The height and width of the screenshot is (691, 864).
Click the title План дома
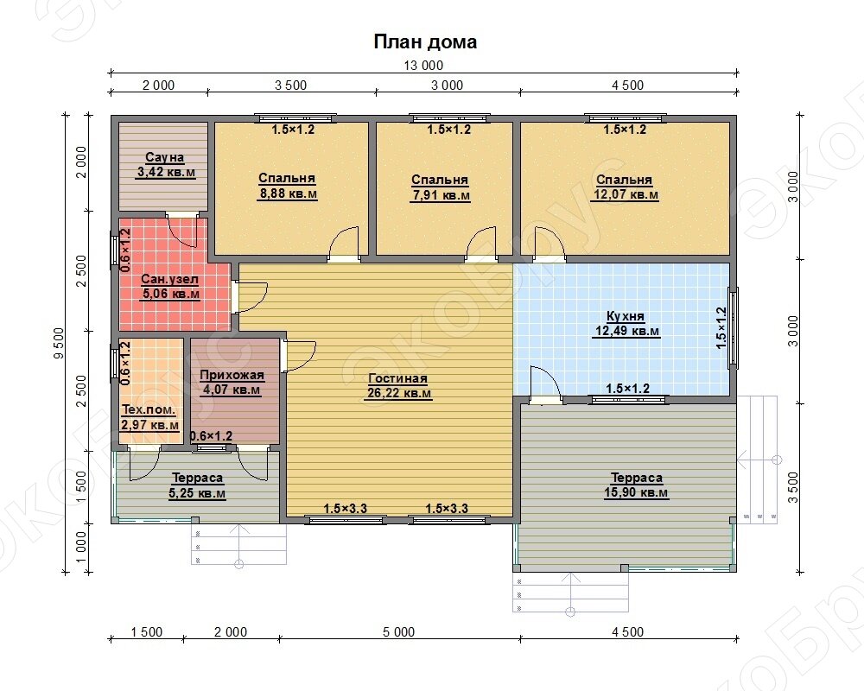pyautogui.click(x=425, y=41)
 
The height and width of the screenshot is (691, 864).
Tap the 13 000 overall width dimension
pyautogui.click(x=423, y=66)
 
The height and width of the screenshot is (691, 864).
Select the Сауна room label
pyautogui.click(x=165, y=157)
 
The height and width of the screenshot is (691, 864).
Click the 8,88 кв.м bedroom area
pyautogui.click(x=287, y=194)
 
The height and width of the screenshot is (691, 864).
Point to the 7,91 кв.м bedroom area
pyautogui.click(x=441, y=195)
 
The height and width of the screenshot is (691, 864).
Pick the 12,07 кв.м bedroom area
pyautogui.click(x=626, y=195)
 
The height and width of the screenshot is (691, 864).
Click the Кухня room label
pyautogui.click(x=626, y=316)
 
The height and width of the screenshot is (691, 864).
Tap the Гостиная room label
pyautogui.click(x=397, y=378)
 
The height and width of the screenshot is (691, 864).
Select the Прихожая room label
pyautogui.click(x=232, y=375)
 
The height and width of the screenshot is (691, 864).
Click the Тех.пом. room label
pyautogui.click(x=149, y=410)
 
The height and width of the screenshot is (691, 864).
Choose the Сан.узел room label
pyautogui.click(x=169, y=279)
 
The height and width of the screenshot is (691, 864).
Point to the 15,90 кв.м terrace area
pyautogui.click(x=637, y=492)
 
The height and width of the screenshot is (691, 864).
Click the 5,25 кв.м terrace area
pyautogui.click(x=197, y=493)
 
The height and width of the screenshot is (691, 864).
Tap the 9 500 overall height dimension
pyautogui.click(x=59, y=343)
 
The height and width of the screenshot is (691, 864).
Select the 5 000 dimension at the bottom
pyautogui.click(x=398, y=632)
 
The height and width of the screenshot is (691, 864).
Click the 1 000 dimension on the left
pyautogui.click(x=81, y=547)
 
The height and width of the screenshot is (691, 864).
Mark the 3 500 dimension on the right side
pyautogui.click(x=793, y=487)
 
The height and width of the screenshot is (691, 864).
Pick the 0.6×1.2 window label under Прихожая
pyautogui.click(x=211, y=436)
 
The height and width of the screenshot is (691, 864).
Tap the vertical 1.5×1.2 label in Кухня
pyautogui.click(x=721, y=328)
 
